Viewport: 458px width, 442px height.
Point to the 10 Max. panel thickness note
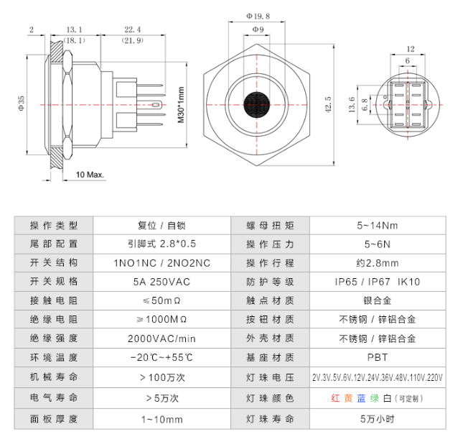click(90, 175)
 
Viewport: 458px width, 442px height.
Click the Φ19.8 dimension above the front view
click(256, 14)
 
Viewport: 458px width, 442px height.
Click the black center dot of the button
click(256, 103)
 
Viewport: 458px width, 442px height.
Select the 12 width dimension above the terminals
click(410, 49)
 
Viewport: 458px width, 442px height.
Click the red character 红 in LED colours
click(335, 397)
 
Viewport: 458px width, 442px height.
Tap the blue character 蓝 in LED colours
click(362, 397)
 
